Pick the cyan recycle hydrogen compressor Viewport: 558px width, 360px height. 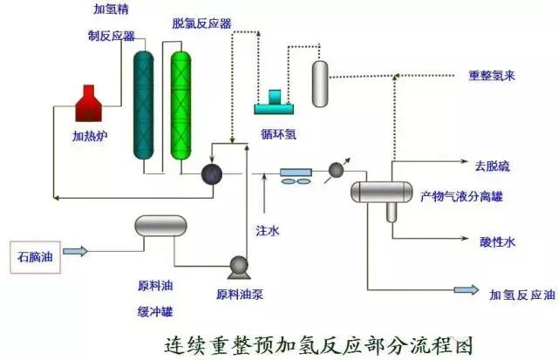(x=276, y=102)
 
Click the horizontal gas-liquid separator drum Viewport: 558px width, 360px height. (x=381, y=190)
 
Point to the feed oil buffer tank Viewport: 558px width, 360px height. (x=161, y=227)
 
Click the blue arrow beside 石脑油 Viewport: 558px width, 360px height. (x=77, y=253)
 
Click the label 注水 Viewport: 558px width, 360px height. (x=267, y=232)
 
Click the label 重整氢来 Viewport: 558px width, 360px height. (x=492, y=76)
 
